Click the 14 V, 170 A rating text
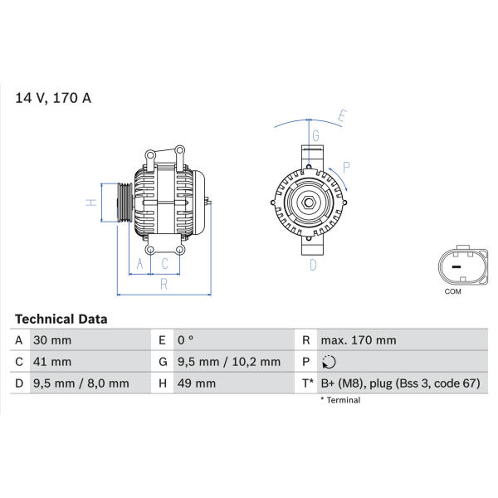53,98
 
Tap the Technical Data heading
61,320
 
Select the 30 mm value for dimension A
52,340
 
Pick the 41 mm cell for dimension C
52,362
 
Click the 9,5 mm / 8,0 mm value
81,383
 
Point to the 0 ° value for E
185,340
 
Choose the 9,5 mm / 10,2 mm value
229,362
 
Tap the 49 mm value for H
197,383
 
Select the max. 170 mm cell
359,340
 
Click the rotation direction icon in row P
329,362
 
